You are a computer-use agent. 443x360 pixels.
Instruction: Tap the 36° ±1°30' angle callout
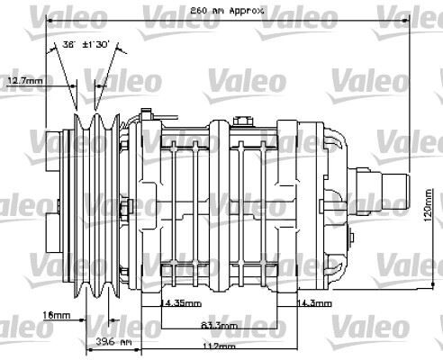point(84,42)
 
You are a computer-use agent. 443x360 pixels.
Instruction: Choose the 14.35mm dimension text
point(181,302)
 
